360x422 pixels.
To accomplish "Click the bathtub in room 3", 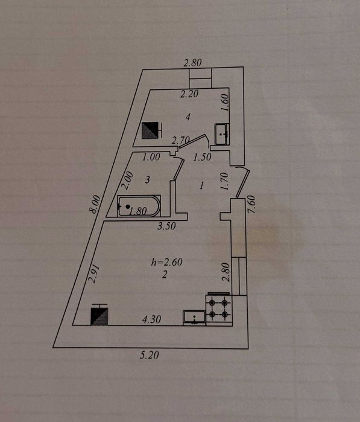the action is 139,206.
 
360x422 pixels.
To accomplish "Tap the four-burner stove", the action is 218,309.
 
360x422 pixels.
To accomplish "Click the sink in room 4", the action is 222,134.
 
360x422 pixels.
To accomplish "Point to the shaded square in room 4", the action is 150,130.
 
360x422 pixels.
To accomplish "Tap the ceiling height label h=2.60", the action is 166,262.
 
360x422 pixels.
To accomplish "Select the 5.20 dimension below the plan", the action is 149,355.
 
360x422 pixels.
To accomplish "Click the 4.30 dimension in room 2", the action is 151,319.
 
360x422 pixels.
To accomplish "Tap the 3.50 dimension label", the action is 166,226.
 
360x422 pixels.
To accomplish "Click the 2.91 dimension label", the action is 94,273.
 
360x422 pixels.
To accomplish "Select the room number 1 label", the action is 201,185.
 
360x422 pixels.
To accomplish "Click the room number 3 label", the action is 147,179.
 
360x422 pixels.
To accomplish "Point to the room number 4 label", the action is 188,117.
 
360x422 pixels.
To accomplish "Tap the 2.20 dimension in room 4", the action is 189,94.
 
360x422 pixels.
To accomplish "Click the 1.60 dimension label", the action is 225,102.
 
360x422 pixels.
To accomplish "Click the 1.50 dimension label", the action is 202,157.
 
